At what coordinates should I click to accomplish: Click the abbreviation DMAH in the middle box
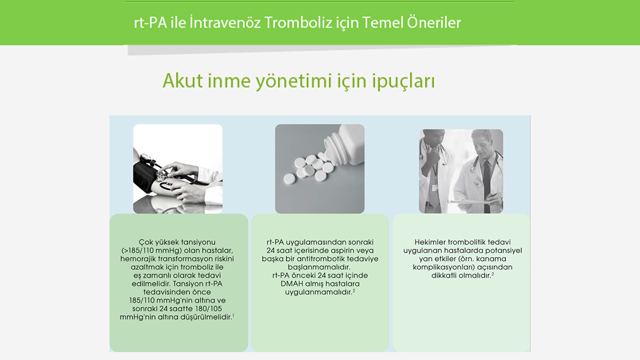pyautogui.click(x=289, y=284)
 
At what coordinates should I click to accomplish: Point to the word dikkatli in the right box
pyautogui.click(x=445, y=275)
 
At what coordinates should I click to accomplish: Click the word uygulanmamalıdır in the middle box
pyautogui.click(x=315, y=292)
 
